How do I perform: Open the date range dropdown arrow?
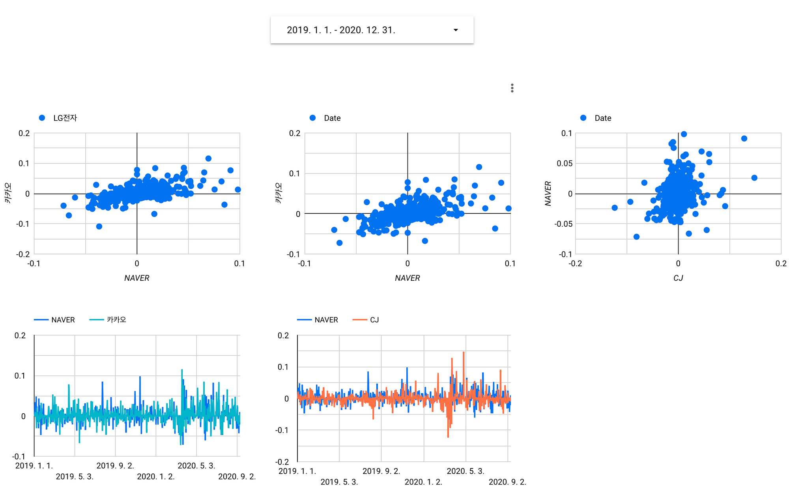(456, 30)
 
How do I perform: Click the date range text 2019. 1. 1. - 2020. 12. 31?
(341, 30)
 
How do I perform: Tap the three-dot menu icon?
(512, 88)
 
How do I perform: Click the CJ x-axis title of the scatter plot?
(678, 278)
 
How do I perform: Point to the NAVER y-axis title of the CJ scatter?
(548, 194)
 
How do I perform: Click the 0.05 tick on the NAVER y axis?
(564, 163)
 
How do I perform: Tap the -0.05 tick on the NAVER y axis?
(563, 224)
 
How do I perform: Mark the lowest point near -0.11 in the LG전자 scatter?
(99, 226)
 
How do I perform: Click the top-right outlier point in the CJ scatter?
(744, 138)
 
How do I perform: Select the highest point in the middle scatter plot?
(479, 167)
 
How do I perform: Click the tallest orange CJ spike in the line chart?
(464, 353)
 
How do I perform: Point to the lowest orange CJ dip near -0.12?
(448, 436)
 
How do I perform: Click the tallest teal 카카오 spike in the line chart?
(182, 370)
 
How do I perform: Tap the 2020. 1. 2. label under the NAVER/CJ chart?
(423, 482)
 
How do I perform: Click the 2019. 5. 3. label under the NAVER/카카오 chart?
(75, 477)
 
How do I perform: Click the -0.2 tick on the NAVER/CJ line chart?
(282, 462)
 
